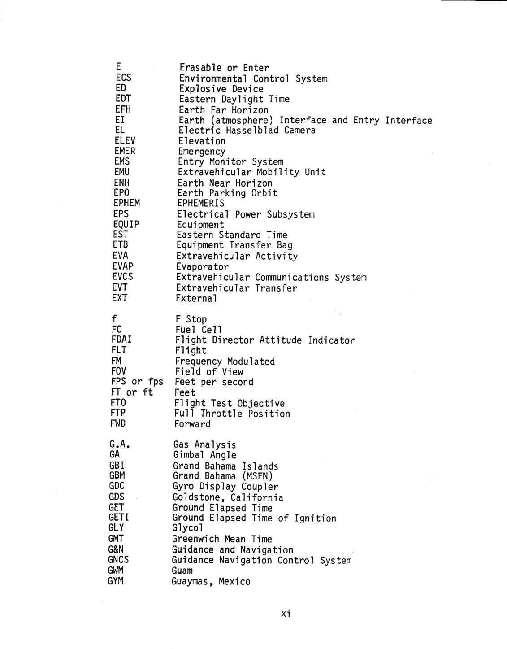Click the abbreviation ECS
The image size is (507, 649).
123,78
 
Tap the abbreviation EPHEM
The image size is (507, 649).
126,203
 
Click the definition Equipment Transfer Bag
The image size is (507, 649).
234,245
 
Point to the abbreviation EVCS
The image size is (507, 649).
122,277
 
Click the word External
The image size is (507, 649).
196,298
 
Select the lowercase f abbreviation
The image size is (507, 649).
115,318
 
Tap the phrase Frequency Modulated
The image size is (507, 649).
225,362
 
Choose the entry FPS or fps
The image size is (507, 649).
137,382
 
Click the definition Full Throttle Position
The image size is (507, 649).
232,414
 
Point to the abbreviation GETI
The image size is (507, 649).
119,518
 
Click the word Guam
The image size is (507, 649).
182,571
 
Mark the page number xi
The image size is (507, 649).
286,614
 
